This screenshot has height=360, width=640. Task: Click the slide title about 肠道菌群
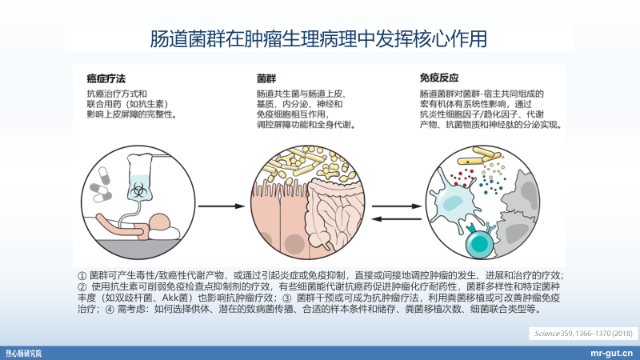(x=319, y=38)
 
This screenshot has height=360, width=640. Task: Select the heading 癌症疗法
(x=107, y=78)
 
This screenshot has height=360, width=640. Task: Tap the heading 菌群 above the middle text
(x=266, y=78)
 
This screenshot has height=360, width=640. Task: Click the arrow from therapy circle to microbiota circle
(x=221, y=205)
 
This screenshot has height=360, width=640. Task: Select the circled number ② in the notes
(x=82, y=286)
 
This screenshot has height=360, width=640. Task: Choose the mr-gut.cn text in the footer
(x=612, y=352)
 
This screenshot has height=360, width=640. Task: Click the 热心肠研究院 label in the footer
(x=24, y=352)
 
